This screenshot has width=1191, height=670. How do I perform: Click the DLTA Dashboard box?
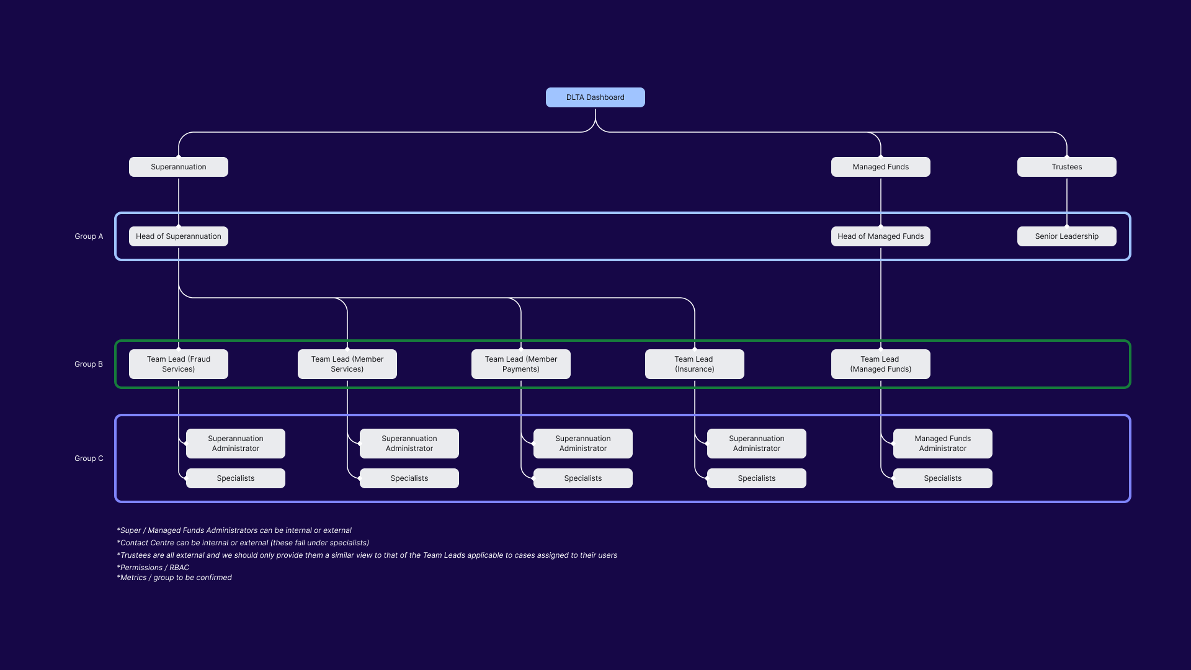(595, 97)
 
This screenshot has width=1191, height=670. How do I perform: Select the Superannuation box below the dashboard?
(178, 167)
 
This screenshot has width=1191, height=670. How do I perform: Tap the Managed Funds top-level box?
(880, 167)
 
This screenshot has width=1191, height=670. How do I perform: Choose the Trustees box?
(1066, 167)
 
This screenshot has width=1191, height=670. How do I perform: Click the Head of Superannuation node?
(178, 236)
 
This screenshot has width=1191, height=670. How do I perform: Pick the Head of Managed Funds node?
(880, 236)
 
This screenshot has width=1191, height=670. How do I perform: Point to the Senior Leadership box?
(1066, 236)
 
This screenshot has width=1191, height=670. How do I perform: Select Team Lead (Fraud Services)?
(178, 364)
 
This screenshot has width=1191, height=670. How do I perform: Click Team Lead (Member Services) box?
(347, 364)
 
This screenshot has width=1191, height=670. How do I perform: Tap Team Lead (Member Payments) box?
(520, 364)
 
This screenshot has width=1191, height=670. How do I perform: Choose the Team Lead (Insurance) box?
(694, 364)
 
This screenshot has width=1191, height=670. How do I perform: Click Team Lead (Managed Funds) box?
(880, 364)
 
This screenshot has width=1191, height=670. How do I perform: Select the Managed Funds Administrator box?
(942, 444)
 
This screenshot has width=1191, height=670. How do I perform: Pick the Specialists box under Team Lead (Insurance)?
(756, 478)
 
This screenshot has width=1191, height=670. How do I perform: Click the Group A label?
(89, 236)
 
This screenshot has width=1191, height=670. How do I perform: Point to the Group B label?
(89, 364)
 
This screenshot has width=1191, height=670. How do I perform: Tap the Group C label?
(89, 458)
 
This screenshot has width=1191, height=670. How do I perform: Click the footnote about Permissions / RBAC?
(153, 568)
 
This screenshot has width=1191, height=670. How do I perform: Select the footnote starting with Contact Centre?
(243, 543)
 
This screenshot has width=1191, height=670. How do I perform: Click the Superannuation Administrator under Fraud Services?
(235, 444)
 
